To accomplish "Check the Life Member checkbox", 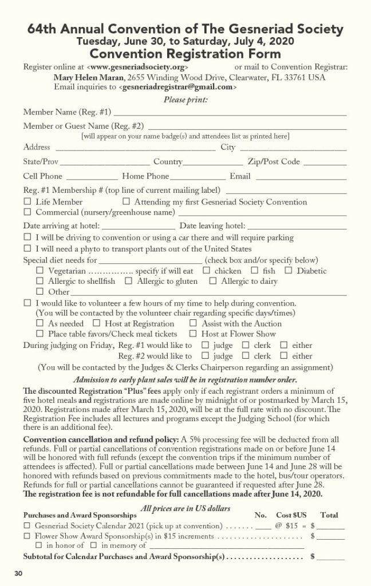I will pyautogui.click(x=27, y=202).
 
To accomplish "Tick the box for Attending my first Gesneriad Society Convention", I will pyautogui.click(x=127, y=202).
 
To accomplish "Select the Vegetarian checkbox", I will pyautogui.click(x=40, y=271).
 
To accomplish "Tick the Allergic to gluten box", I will pyautogui.click(x=128, y=281).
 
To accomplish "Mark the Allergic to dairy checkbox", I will pyautogui.click(x=212, y=281).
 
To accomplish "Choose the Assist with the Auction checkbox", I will pyautogui.click(x=193, y=323).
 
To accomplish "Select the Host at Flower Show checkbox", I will pyautogui.click(x=193, y=334).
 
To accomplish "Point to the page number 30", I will pyautogui.click(x=19, y=573).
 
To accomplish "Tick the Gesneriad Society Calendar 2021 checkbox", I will pyautogui.click(x=27, y=525).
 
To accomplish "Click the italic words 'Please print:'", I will pyautogui.click(x=185, y=100).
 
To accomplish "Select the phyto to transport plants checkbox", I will pyautogui.click(x=27, y=249).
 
